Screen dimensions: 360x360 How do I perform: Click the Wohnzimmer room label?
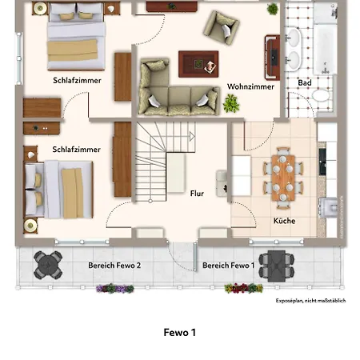(x=250, y=86)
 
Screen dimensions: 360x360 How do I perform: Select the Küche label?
(x=284, y=221)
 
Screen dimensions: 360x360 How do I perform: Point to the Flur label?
(x=197, y=193)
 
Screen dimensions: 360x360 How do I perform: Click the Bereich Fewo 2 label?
(x=114, y=265)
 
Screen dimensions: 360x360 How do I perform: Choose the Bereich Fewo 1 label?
(x=228, y=265)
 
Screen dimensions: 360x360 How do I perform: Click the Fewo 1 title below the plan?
(x=179, y=331)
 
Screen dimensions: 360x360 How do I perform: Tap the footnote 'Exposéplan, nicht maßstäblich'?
(x=311, y=300)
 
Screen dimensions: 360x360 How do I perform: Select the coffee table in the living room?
(x=198, y=62)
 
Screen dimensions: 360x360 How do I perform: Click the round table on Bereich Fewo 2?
(x=49, y=262)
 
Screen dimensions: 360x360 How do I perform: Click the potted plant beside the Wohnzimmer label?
(x=232, y=102)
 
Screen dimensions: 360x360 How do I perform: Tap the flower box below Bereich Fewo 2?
(x=114, y=288)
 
